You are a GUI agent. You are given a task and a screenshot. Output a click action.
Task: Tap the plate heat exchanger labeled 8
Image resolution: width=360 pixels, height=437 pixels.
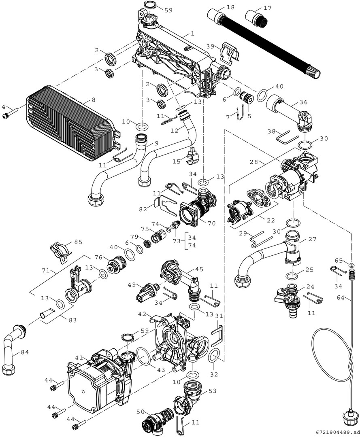pos(69,121)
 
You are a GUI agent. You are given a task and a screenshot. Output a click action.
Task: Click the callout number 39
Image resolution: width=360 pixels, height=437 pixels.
pos(210,47)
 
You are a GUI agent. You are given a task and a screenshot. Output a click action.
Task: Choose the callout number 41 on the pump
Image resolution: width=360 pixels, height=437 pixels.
pos(79,357)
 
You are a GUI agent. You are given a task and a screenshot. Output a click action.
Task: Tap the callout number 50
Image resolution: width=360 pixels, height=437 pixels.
pos(140,412)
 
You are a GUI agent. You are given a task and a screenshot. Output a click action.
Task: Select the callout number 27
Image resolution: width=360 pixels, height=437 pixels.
pos(312,239)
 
